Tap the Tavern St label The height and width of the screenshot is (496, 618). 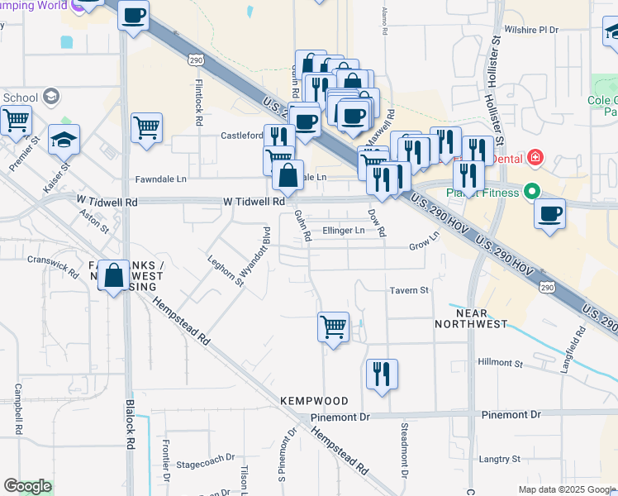coord(409,290)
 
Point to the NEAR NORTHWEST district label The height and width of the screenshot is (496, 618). coord(471,318)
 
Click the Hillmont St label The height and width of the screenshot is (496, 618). coord(502,363)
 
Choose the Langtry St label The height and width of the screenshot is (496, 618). coord(499,458)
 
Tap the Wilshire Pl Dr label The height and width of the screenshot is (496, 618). coord(532,30)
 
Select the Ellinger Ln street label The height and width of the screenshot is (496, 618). coord(344,231)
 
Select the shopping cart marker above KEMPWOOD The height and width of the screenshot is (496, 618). coord(333,327)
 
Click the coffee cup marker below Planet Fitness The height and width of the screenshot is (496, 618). coord(549,214)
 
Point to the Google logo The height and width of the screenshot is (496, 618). coord(27,486)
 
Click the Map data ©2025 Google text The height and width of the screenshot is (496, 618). coord(566,489)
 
